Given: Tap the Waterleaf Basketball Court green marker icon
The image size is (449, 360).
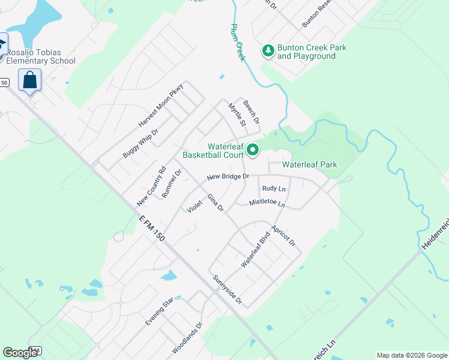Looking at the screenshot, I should coord(253,150).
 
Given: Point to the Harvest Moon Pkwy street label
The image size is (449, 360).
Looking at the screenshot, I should coord(161,105).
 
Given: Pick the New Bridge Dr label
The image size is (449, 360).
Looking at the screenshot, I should coord(228,177).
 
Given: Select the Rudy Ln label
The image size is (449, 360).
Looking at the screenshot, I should coord(274,188).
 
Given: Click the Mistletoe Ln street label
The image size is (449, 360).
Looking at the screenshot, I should coord(267,203).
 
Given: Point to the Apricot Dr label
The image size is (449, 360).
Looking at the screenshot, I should coord(283,236).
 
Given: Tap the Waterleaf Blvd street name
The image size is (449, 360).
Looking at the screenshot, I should coord(256,250).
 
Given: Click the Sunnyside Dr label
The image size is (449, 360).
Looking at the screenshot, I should coord(227,289).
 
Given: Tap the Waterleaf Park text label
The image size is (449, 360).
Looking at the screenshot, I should coord(310,164).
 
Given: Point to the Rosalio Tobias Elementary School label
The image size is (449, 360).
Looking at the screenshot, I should coord(41,56).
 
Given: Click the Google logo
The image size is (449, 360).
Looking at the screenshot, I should coord(20,353).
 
